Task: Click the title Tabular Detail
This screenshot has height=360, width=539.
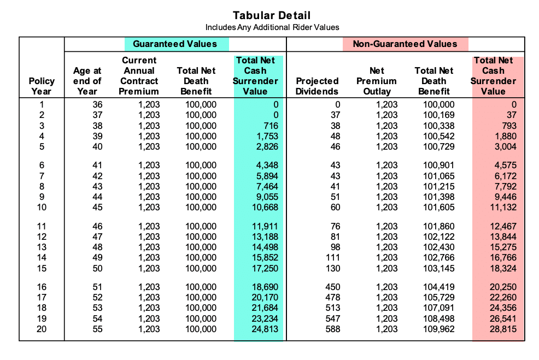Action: pos(271,15)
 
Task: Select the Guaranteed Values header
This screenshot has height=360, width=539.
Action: pos(175,44)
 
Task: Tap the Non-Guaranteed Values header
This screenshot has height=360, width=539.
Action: pos(405,44)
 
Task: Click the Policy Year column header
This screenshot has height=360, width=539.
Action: pos(42,86)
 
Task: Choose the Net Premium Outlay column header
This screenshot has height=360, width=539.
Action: pos(377,81)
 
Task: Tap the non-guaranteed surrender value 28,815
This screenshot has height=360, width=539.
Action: pos(503,329)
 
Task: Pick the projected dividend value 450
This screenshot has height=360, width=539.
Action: pos(332,287)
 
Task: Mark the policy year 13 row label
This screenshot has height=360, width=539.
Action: pos(42,247)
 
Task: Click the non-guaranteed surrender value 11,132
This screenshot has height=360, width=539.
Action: pos(503,207)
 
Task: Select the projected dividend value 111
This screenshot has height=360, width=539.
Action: pos(332,257)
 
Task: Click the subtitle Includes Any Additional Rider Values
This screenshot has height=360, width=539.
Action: pos(272,27)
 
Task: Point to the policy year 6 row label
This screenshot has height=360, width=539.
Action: pos(42,165)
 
